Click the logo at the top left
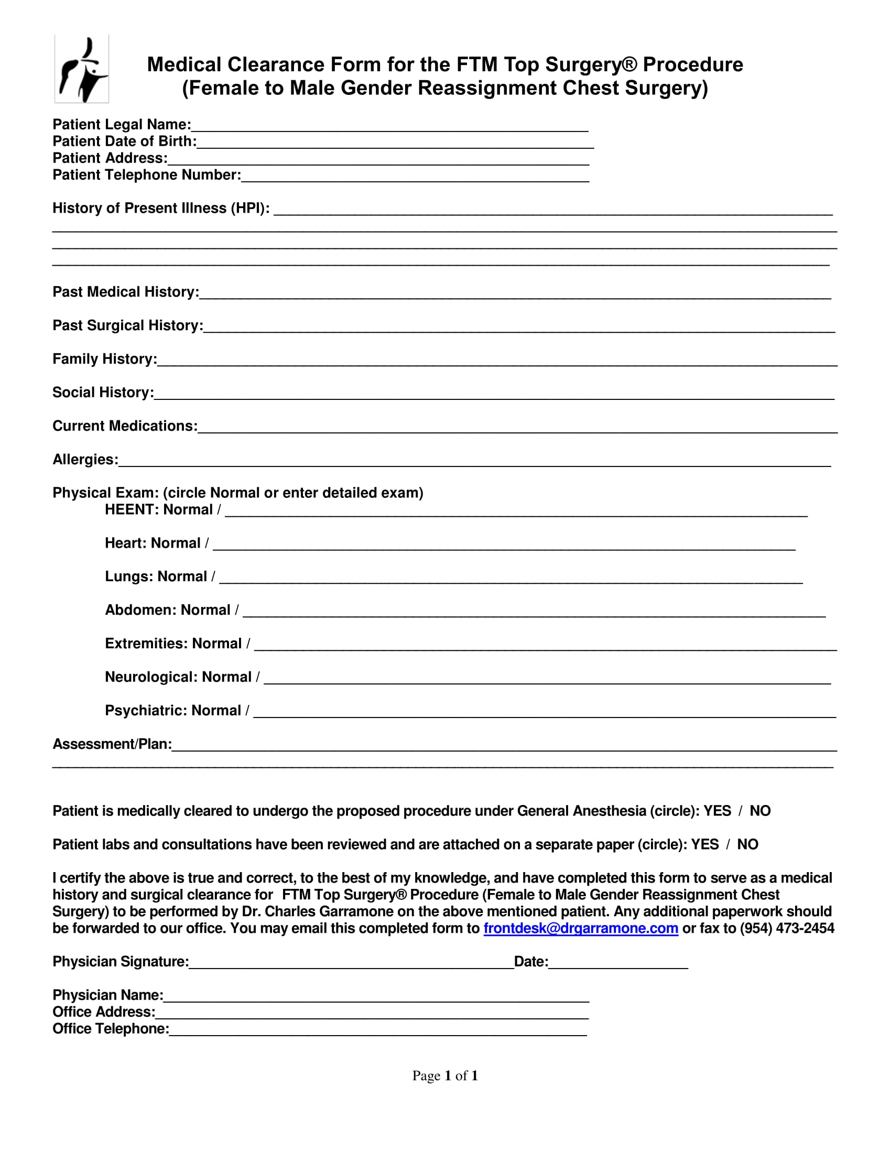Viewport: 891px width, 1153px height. [82, 69]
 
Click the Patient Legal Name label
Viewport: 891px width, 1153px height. [122, 125]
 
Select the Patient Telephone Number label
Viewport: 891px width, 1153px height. [146, 175]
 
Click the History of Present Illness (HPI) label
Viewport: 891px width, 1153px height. [160, 208]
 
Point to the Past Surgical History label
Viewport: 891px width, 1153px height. [127, 325]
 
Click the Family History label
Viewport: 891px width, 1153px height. [104, 359]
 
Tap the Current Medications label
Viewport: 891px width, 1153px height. [125, 426]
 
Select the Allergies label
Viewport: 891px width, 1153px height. [85, 459]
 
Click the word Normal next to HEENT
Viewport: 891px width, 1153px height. [188, 509]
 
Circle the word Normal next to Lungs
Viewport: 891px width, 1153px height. [182, 576]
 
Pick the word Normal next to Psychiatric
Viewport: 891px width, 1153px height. [216, 710]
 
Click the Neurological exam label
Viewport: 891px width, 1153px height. [151, 677]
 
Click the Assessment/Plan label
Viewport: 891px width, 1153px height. [112, 744]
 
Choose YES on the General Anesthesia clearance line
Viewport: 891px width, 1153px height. [717, 811]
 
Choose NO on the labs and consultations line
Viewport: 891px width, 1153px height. [747, 844]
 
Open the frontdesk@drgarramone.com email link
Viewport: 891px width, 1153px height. [580, 928]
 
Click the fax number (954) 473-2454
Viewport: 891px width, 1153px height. [787, 928]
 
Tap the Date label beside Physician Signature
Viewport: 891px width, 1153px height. [530, 961]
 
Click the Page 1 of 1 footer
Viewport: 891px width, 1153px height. [445, 1075]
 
